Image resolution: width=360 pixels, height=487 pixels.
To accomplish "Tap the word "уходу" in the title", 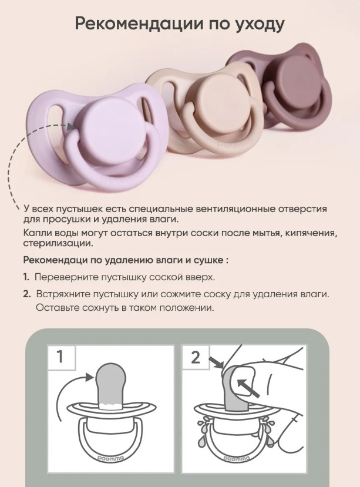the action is click(x=258, y=25).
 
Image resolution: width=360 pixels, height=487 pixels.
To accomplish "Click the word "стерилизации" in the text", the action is click(x=58, y=243).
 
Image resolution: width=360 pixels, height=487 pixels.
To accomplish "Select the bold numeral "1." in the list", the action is click(x=26, y=277).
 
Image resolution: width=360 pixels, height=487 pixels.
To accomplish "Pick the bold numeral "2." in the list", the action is click(x=27, y=294).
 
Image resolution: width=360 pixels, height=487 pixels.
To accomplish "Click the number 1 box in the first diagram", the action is click(x=61, y=357).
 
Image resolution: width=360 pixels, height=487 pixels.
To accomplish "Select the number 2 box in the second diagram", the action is click(x=196, y=357).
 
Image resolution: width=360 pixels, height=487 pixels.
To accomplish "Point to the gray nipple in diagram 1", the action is click(x=110, y=385).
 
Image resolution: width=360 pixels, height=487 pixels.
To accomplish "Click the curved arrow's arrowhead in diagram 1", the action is click(x=89, y=377).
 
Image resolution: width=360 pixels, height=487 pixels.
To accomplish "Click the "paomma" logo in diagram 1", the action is click(x=110, y=458).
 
